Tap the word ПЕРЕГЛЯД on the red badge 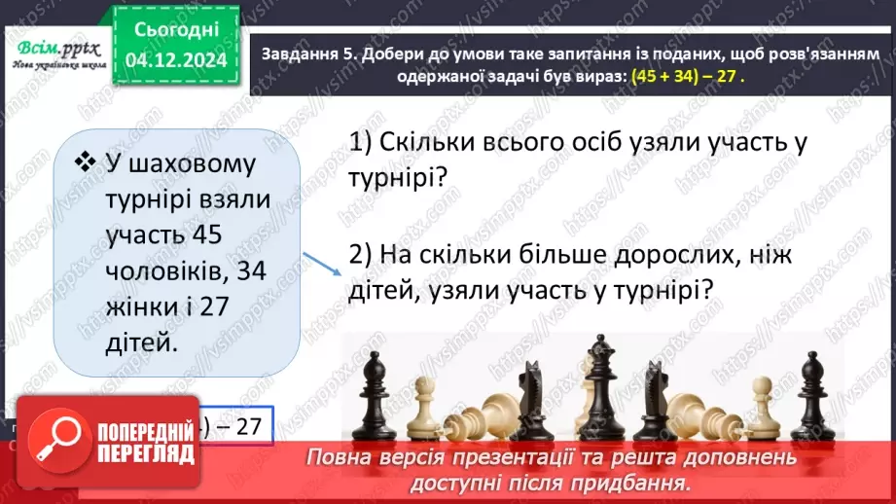click(134, 451)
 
